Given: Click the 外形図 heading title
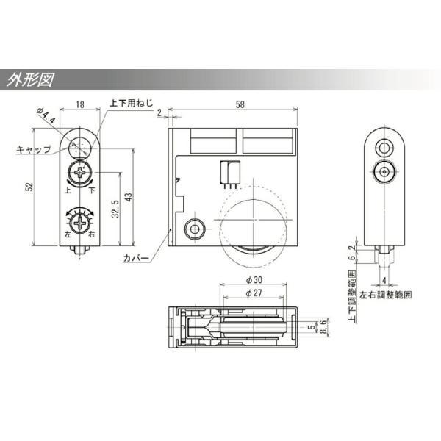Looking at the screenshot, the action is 30,80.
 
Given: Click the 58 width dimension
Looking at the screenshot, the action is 240,104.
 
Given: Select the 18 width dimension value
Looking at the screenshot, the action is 80,104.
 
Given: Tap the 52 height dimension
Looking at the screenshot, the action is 29,187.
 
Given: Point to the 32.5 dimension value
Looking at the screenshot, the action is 115,209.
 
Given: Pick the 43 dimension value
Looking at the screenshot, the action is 128,196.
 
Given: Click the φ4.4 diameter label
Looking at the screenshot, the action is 46,116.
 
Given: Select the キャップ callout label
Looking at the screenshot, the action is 34,149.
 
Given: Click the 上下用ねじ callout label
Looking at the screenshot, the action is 132,103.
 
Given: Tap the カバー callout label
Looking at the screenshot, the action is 136,258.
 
